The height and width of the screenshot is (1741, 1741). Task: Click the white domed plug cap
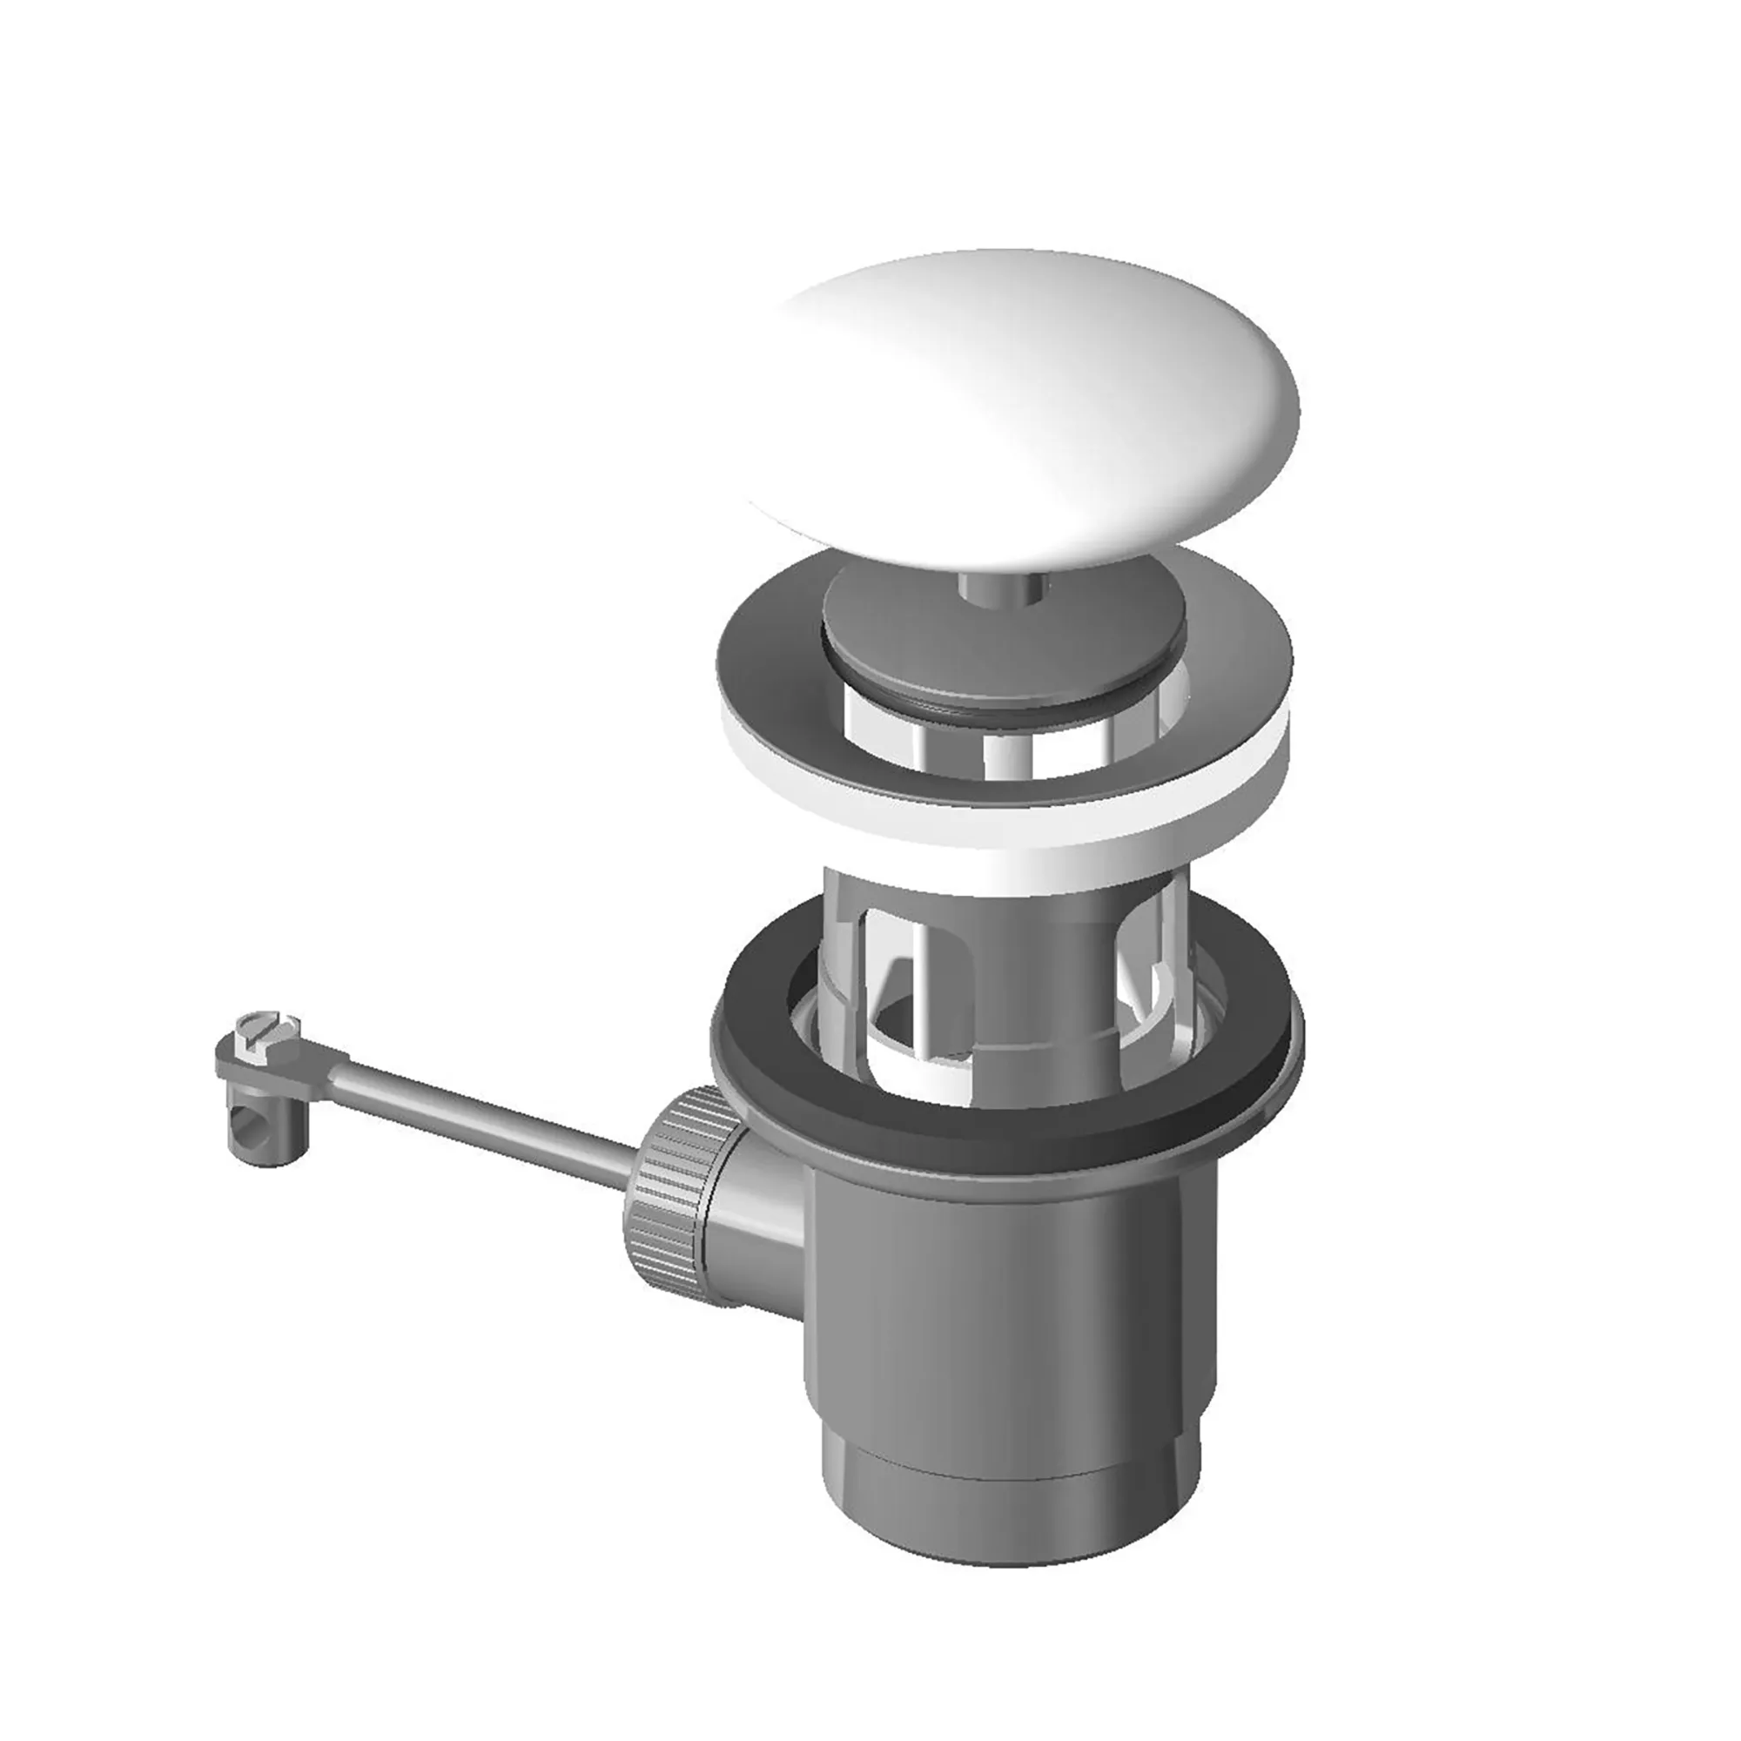pyautogui.click(x=1018, y=396)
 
